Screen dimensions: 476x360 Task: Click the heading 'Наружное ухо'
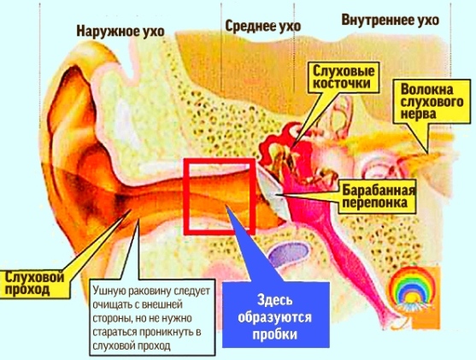tap(120, 32)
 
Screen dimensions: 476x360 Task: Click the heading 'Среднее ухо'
tap(263, 27)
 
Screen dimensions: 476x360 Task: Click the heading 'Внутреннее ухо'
tap(390, 20)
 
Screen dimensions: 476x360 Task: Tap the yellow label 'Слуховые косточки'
tap(344, 77)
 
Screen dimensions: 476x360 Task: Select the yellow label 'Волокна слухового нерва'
tap(432, 102)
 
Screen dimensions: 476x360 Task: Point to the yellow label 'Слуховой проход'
tap(35, 283)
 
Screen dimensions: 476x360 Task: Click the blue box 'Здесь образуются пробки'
tap(276, 315)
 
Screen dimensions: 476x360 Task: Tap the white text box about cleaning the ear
tap(153, 318)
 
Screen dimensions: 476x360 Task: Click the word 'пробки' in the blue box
tap(275, 334)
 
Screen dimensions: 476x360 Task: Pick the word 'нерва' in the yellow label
tap(419, 115)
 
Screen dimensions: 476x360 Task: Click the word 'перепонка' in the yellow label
tap(374, 203)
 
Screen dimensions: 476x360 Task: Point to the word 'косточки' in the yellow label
tap(342, 83)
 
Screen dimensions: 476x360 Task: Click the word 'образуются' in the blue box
tap(275, 317)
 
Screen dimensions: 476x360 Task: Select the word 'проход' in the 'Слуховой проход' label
tap(27, 290)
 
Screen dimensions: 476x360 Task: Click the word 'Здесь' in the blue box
tap(275, 300)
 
